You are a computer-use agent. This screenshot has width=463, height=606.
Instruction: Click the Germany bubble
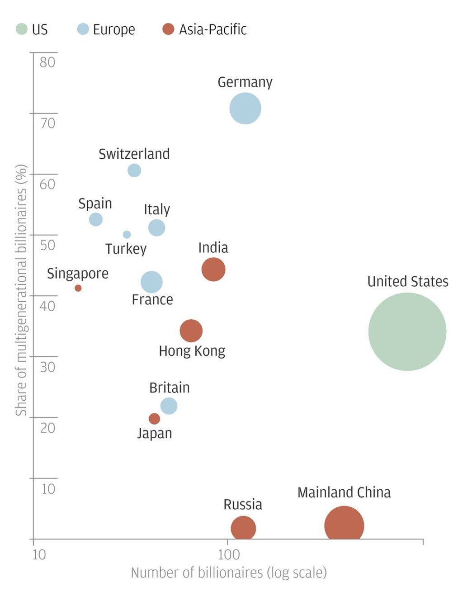click(245, 109)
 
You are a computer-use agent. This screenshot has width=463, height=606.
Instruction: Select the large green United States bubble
click(407, 331)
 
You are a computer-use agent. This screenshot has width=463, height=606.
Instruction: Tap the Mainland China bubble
click(344, 526)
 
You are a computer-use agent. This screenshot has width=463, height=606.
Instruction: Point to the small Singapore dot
click(78, 288)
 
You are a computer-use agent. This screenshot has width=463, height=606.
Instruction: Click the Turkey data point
click(127, 235)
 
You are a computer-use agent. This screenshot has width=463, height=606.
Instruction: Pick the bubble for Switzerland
click(134, 170)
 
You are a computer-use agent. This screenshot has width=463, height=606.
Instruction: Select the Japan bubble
click(154, 419)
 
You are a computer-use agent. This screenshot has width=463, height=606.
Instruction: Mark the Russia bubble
click(243, 528)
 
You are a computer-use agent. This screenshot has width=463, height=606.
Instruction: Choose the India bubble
click(213, 270)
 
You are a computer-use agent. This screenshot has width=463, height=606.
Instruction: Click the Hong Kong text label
click(192, 351)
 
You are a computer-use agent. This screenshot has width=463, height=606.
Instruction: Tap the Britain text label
click(169, 388)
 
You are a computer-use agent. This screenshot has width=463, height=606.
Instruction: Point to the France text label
click(152, 300)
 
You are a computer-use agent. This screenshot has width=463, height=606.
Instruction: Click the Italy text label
click(157, 209)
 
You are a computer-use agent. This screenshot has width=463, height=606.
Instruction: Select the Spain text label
click(95, 204)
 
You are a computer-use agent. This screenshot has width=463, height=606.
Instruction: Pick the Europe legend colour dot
click(83, 29)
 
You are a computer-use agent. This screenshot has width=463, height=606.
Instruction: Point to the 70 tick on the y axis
click(47, 123)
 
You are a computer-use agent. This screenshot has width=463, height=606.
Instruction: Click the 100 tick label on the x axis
click(229, 554)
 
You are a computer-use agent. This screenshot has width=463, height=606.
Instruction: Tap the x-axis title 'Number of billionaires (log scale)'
click(229, 573)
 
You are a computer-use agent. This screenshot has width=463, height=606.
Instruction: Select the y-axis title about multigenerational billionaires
click(21, 290)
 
